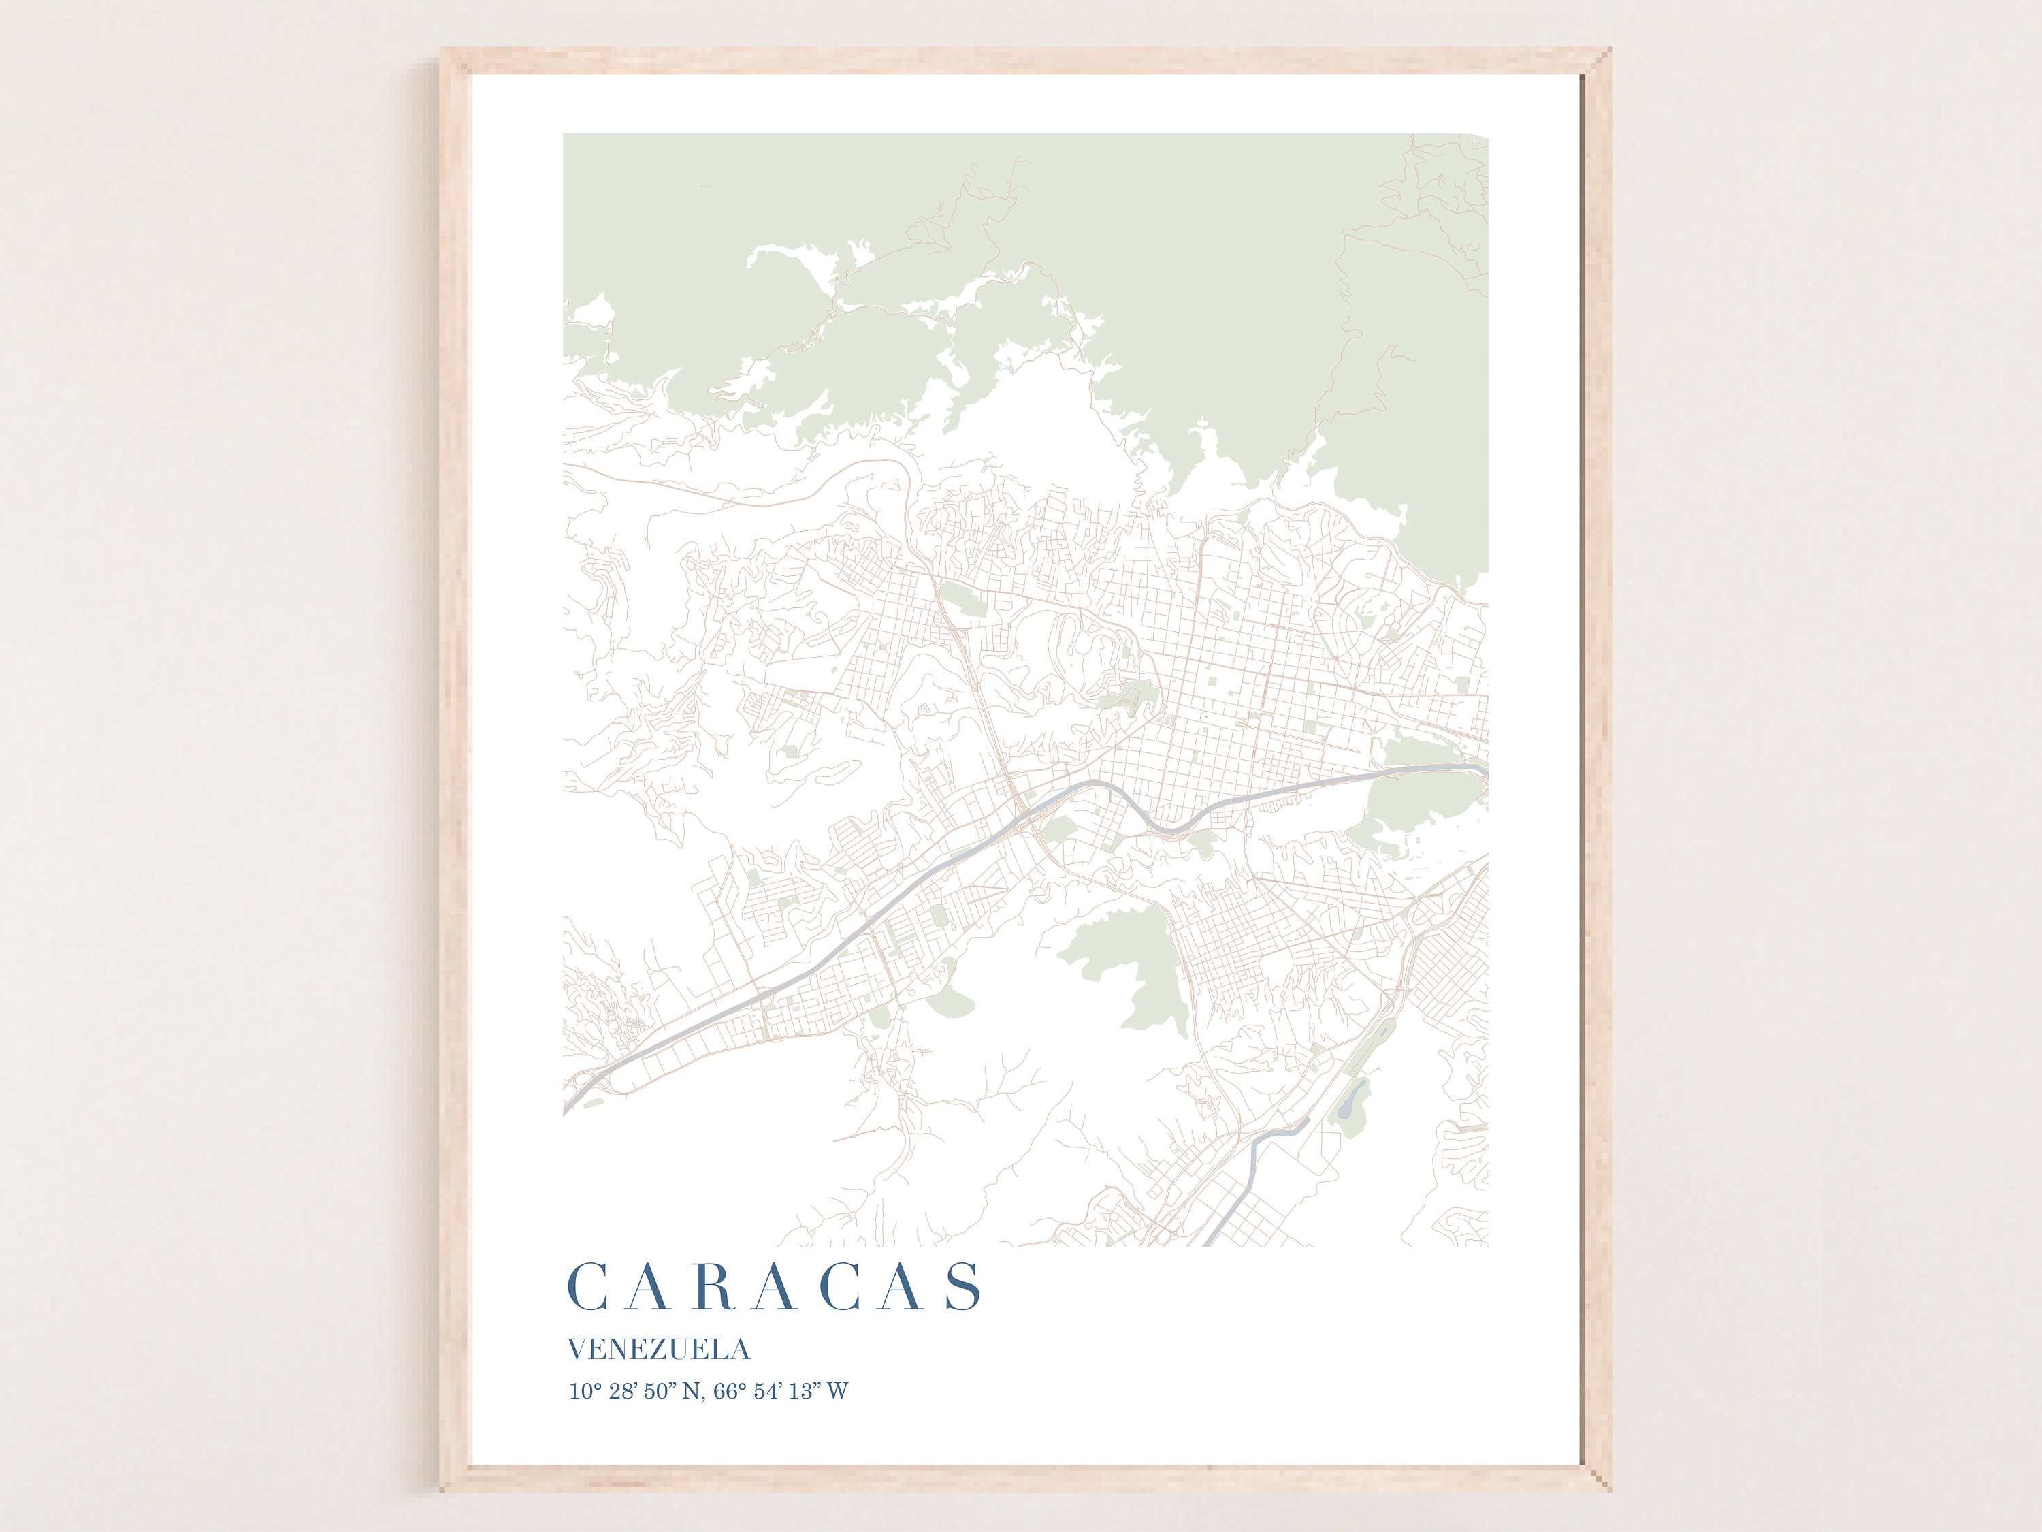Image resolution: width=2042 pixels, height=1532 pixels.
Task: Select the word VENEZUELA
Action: (x=658, y=1350)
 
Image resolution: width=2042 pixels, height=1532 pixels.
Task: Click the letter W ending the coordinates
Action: (x=837, y=1390)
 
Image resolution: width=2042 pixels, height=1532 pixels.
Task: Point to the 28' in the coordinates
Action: (x=623, y=1390)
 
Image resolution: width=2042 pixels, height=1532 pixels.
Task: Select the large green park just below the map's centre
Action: (x=1133, y=960)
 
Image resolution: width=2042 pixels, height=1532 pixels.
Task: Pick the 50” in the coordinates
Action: (x=659, y=1390)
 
